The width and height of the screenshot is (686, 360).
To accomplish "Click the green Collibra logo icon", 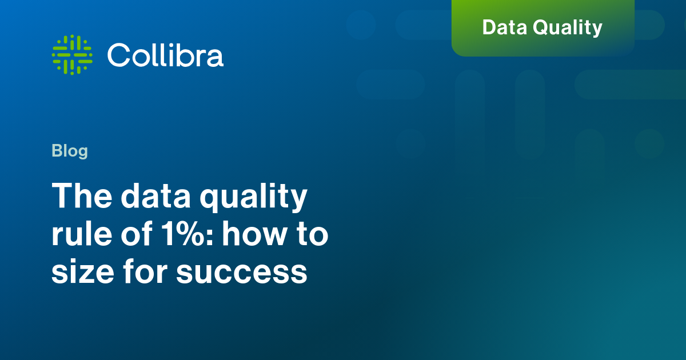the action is pyautogui.click(x=72, y=55).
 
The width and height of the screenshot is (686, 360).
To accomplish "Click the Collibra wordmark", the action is pyautogui.click(x=165, y=55).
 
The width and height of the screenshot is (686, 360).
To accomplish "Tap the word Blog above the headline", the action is pyautogui.click(x=70, y=151).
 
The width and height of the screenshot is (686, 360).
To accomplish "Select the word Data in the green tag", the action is pyautogui.click(x=504, y=27).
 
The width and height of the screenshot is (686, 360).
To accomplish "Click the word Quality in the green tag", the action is pyautogui.click(x=568, y=28).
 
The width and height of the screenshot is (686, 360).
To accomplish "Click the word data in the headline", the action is pyautogui.click(x=156, y=195).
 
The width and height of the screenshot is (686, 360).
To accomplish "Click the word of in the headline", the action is pyautogui.click(x=137, y=233).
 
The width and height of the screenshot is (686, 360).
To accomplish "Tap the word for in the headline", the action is pyautogui.click(x=145, y=271).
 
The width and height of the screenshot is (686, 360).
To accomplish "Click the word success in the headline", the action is pyautogui.click(x=242, y=273).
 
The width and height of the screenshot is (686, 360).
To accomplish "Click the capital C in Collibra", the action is pyautogui.click(x=119, y=55).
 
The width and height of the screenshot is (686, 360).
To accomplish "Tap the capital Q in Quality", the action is pyautogui.click(x=542, y=28).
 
